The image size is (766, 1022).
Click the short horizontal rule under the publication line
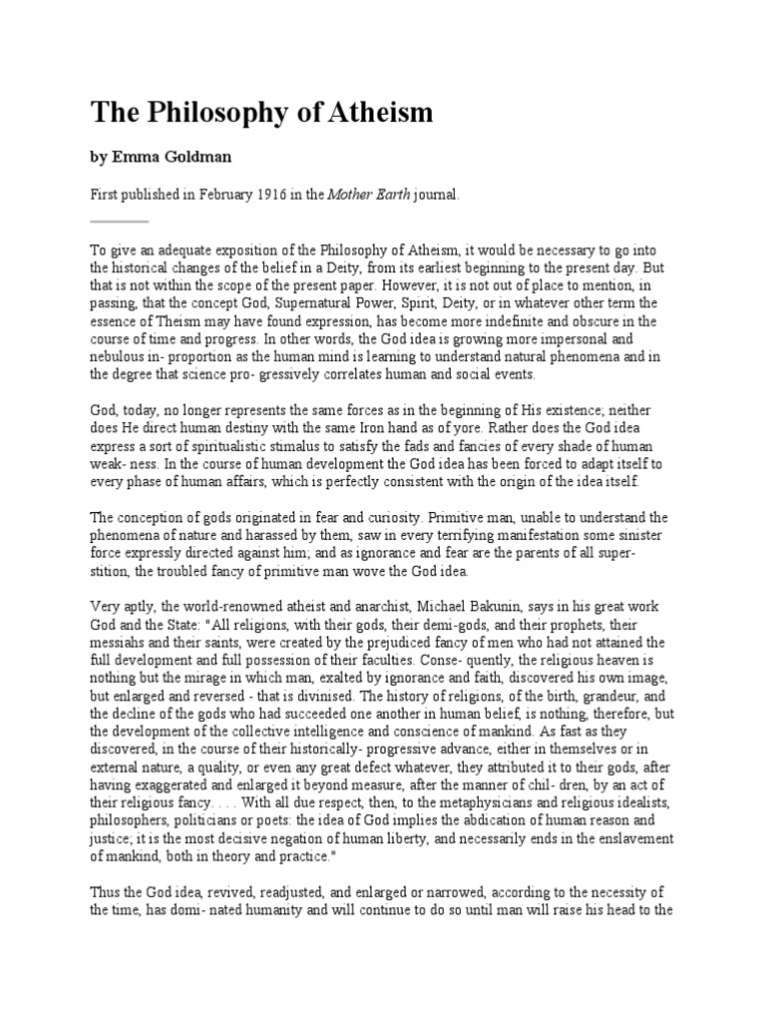(x=119, y=221)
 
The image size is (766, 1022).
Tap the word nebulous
(x=119, y=356)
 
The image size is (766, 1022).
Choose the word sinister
(x=635, y=536)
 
